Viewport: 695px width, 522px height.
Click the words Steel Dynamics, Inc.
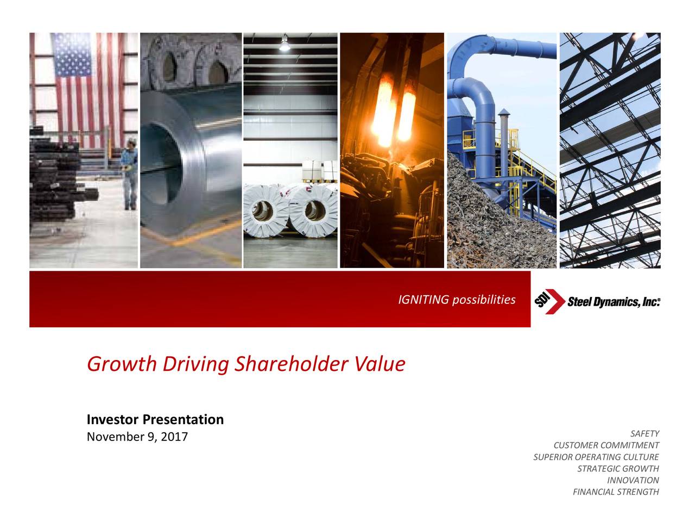(614, 302)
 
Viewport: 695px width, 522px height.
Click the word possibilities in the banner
(484, 300)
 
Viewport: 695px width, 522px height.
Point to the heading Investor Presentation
(155, 420)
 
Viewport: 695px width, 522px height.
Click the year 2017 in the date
(174, 437)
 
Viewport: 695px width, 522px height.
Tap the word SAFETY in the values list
(645, 434)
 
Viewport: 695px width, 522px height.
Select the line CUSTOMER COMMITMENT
(606, 446)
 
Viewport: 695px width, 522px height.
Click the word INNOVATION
(633, 481)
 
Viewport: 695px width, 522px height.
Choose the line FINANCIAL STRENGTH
(616, 493)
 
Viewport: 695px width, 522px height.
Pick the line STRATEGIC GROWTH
(618, 469)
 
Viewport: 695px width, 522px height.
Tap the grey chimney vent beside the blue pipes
(503, 130)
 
